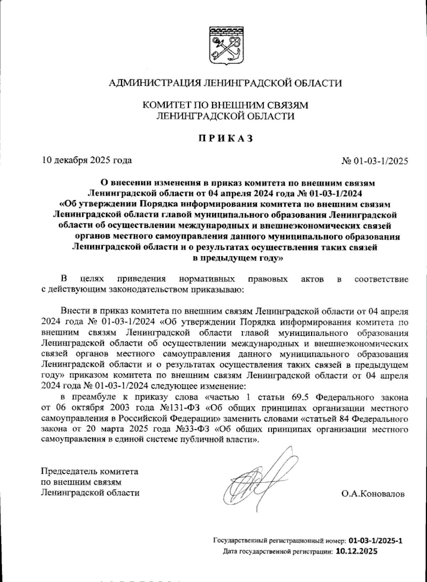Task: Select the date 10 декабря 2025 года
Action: pyautogui.click(x=87, y=160)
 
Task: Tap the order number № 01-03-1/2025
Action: pyautogui.click(x=374, y=161)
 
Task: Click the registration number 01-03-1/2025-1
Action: pyautogui.click(x=376, y=541)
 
